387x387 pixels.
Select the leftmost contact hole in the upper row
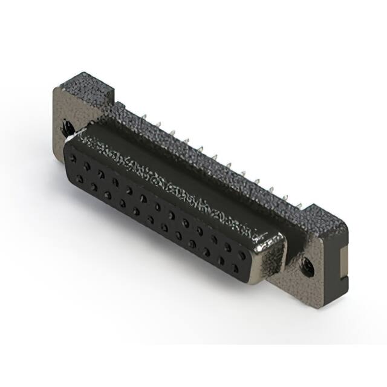click(x=73, y=158)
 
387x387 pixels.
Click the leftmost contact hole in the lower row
click(x=79, y=179)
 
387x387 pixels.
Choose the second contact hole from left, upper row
click(x=87, y=166)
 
